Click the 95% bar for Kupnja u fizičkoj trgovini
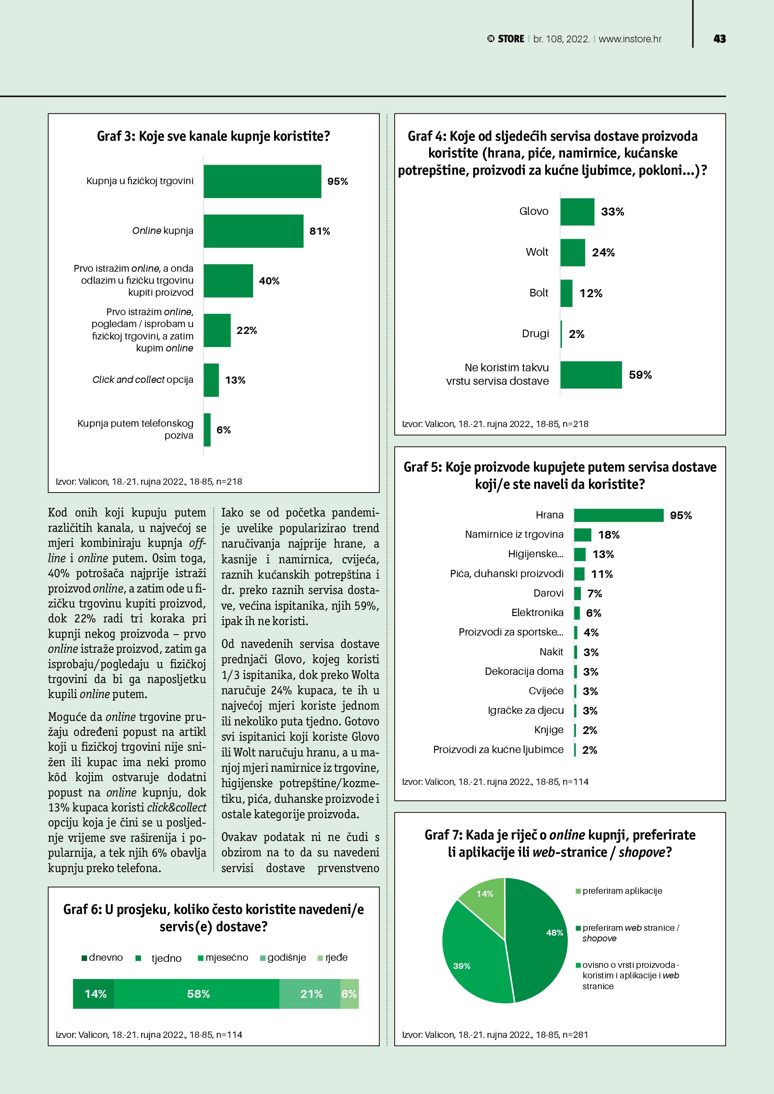tap(262, 182)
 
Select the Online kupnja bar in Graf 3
tap(253, 231)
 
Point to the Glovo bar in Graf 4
tap(577, 211)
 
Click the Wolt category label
tap(537, 252)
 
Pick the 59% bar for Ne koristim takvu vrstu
tap(591, 375)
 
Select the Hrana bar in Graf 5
tap(618, 515)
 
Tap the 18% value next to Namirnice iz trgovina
tap(608, 535)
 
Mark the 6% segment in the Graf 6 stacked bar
tap(349, 994)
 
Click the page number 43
tap(719, 39)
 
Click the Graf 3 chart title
tap(213, 136)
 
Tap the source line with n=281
tap(495, 1034)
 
